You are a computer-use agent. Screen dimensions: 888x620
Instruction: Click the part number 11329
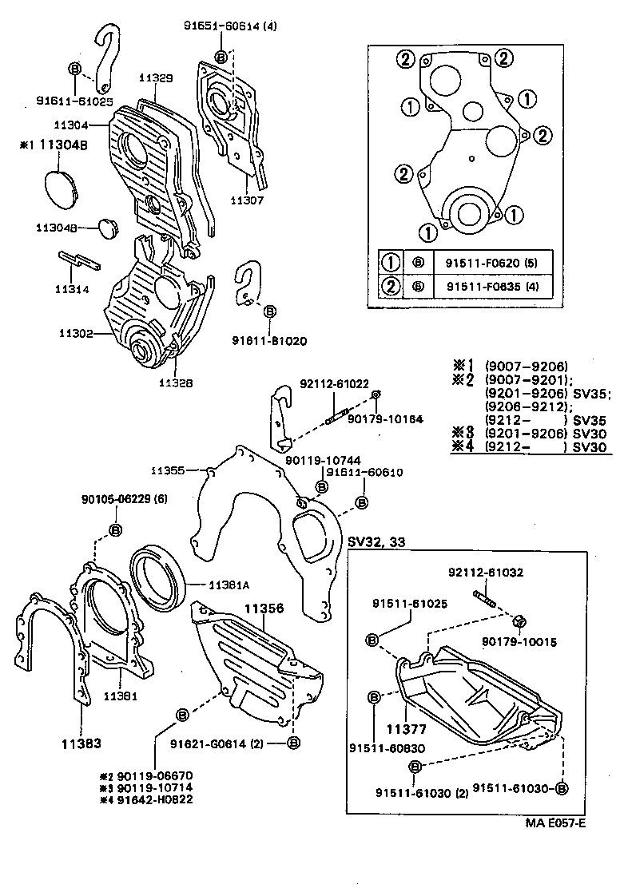156,77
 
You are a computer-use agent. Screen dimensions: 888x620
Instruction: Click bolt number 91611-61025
74,101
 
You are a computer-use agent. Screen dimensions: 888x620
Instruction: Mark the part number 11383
81,744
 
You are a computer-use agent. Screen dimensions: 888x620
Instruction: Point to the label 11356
264,609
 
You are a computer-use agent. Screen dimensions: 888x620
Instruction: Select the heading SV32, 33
376,542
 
